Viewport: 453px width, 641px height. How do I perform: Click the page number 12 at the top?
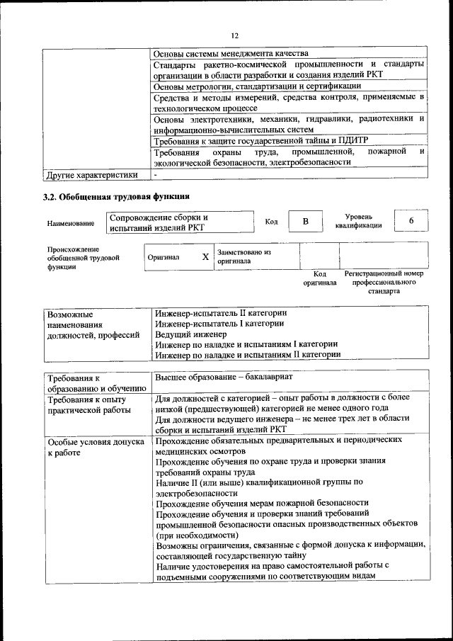pos(235,35)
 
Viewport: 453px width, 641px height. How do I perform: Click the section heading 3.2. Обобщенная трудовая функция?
pos(116,196)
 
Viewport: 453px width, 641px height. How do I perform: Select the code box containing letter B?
pos(306,222)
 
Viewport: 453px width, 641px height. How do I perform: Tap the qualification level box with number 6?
pos(411,221)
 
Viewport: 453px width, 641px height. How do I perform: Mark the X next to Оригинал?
pos(205,257)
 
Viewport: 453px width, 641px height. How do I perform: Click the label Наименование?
pos(71,224)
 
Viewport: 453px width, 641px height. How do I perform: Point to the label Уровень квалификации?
pos(359,221)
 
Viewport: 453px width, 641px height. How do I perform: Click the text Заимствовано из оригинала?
pos(244,256)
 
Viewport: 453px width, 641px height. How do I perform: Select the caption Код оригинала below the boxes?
pos(320,278)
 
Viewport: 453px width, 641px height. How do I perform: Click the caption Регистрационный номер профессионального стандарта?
pos(383,281)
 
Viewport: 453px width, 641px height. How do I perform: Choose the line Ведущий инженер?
pos(190,334)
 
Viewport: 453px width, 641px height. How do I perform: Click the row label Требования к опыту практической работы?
pos(88,404)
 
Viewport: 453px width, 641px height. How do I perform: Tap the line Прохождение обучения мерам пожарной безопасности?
pos(262,502)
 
